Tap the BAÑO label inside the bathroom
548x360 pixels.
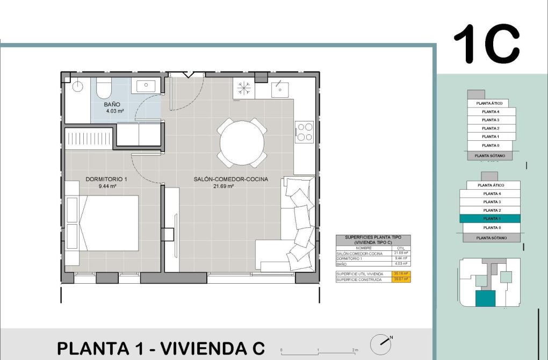[112, 104]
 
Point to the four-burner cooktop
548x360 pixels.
[305, 132]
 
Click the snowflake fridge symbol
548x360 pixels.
[244, 88]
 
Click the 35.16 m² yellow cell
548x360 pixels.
[401, 274]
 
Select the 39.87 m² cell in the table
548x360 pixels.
[401, 280]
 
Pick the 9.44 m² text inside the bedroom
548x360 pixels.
[107, 186]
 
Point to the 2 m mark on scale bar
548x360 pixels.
[354, 350]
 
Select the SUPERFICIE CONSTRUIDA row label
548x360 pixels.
[359, 280]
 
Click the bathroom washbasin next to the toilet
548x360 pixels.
[145, 85]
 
